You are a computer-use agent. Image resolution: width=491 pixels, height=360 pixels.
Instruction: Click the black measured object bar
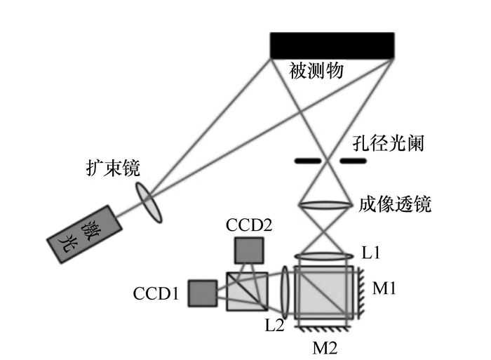click(x=332, y=45)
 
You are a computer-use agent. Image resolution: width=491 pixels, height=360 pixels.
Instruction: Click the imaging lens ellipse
click(x=324, y=205)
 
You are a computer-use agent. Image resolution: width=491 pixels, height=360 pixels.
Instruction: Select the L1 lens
click(x=323, y=257)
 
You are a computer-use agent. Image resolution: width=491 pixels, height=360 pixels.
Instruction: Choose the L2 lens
click(x=285, y=289)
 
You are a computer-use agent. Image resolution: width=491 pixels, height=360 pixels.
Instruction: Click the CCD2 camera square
click(x=249, y=249)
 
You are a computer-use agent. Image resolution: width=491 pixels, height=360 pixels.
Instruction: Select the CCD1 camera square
click(x=202, y=293)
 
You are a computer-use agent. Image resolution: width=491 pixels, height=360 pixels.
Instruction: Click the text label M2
click(x=325, y=346)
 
